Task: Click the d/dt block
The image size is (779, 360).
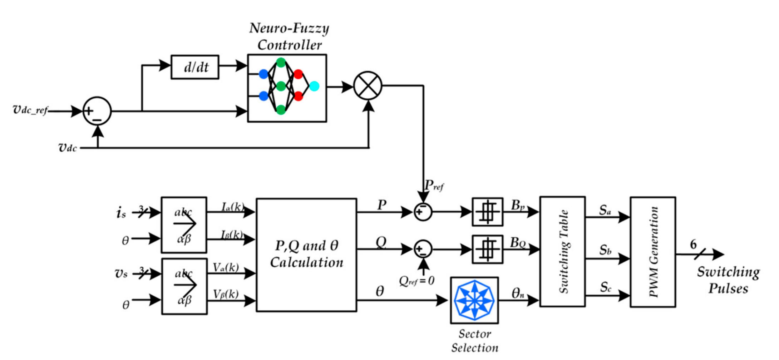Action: pyautogui.click(x=195, y=67)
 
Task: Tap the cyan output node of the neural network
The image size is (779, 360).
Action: pyautogui.click(x=314, y=86)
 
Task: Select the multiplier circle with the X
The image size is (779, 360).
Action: pyautogui.click(x=368, y=86)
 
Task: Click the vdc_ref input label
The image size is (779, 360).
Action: pyautogui.click(x=30, y=110)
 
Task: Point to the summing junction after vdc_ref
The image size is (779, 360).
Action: pyautogui.click(x=97, y=111)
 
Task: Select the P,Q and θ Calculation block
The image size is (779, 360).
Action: pyautogui.click(x=306, y=255)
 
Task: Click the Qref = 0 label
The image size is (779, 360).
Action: pyautogui.click(x=416, y=281)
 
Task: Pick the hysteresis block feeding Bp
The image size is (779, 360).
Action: pyautogui.click(x=487, y=212)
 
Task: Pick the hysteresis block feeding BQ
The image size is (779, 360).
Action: pyautogui.click(x=487, y=249)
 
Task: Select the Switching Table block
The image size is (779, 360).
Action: pyautogui.click(x=562, y=251)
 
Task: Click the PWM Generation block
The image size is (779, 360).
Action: pyautogui.click(x=652, y=252)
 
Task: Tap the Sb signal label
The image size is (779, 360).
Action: pyautogui.click(x=605, y=250)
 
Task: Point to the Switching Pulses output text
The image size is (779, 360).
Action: pyautogui.click(x=728, y=280)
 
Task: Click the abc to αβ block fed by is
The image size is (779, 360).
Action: pyautogui.click(x=184, y=225)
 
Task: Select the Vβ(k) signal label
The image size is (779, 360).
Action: pyautogui.click(x=226, y=294)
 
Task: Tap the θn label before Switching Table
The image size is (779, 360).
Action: pyautogui.click(x=518, y=294)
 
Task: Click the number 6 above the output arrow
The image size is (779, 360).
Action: pyautogui.click(x=693, y=245)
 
